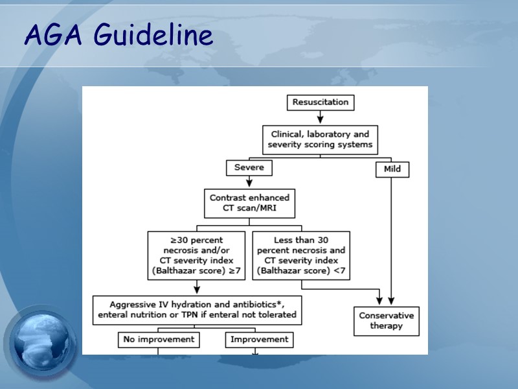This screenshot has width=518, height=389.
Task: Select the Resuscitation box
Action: tap(320, 102)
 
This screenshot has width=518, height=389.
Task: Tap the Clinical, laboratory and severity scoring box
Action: tap(320, 139)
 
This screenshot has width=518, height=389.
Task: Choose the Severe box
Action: tap(249, 168)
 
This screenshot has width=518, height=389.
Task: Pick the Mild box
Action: tap(392, 169)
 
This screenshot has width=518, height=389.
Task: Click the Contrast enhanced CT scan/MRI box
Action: tap(249, 203)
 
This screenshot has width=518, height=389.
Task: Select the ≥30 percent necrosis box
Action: tap(196, 255)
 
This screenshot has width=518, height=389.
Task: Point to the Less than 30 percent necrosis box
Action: tap(301, 255)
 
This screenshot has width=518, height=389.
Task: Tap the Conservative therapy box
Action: tap(386, 320)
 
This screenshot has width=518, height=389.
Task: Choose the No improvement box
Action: tap(159, 339)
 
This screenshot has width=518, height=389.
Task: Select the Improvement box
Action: tap(258, 339)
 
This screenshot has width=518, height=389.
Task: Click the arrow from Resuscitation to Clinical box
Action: tap(320, 117)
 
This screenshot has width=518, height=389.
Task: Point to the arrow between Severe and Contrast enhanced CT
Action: tap(249, 182)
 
